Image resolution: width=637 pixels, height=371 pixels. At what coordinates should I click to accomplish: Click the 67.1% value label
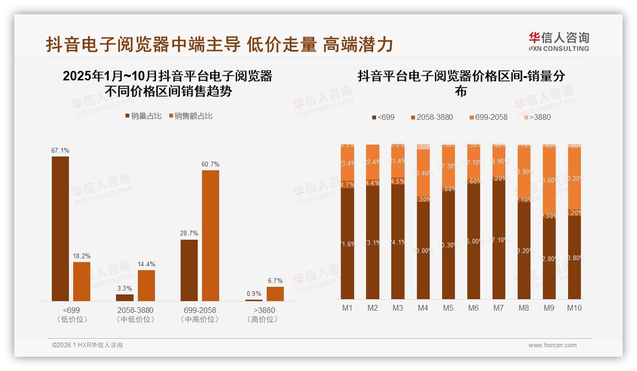[x=60, y=150]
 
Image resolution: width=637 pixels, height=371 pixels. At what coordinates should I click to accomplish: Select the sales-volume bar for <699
[x=60, y=228]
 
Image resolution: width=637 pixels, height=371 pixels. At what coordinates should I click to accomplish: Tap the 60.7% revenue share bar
[x=211, y=235]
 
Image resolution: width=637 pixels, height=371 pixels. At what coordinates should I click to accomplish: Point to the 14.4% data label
[x=146, y=264]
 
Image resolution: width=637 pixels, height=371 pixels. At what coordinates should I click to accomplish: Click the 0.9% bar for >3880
[x=254, y=300]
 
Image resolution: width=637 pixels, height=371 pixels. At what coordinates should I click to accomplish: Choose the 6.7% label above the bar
[x=275, y=281]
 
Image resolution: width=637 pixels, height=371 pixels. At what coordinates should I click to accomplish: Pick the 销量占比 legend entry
[x=143, y=116]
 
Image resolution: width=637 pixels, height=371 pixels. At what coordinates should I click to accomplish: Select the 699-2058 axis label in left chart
[x=200, y=310]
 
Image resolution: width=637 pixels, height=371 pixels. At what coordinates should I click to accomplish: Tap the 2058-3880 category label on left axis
[x=135, y=310]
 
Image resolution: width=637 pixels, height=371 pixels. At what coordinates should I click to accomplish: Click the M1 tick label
[x=347, y=308]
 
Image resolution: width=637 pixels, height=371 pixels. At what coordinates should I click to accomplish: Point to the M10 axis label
[x=574, y=308]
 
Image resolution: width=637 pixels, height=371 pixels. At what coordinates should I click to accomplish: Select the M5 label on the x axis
[x=448, y=308]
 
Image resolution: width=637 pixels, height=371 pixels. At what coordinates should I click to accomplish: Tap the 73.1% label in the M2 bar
[x=373, y=243]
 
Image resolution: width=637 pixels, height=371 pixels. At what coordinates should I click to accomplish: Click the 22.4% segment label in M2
[x=373, y=162]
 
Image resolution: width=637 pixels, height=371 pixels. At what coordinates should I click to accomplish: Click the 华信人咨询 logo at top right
[x=559, y=41]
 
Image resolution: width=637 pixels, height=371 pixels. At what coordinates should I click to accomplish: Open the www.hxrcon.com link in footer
[x=552, y=345]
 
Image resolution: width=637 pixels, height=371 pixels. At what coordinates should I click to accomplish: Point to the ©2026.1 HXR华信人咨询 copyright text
[x=87, y=345]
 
